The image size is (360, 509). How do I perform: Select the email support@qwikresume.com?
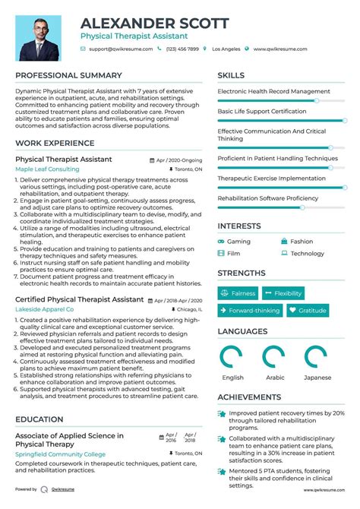[x=121, y=49]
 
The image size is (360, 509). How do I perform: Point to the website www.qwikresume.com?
[x=280, y=49]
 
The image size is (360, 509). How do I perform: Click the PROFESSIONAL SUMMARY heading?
[x=68, y=75]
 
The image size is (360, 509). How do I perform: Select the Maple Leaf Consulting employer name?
[x=47, y=169]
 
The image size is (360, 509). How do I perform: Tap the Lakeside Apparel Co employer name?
[x=45, y=309]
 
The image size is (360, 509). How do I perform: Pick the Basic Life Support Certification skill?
[x=262, y=111]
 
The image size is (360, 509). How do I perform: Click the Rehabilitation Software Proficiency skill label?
[x=268, y=198]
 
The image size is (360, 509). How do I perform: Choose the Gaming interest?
[x=238, y=242]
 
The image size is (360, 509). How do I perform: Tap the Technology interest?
[x=307, y=253]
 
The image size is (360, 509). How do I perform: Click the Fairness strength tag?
[x=238, y=293]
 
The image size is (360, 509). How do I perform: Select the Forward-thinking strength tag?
[x=249, y=310]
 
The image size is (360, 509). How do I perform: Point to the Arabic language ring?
[x=273, y=356]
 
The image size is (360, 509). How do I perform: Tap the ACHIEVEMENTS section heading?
[x=250, y=397]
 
